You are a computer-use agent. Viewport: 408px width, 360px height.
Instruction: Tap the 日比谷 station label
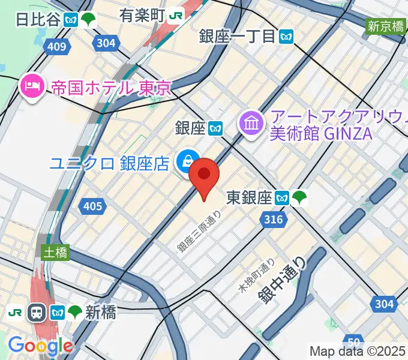click(38, 19)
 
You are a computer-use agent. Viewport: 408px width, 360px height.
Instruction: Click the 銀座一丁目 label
click(238, 36)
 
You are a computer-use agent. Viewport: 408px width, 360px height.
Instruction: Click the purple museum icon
click(249, 123)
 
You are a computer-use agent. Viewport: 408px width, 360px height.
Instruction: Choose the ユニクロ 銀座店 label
click(110, 163)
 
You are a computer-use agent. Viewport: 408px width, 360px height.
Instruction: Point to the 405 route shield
click(92, 206)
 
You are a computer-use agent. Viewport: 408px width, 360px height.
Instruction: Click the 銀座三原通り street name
click(200, 230)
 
